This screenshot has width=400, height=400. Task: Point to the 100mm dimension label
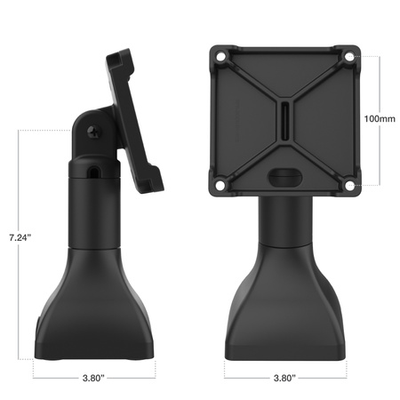pyautogui.click(x=381, y=117)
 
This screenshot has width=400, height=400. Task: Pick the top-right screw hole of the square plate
pyautogui.click(x=349, y=57)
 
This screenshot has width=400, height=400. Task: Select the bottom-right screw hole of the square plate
pyautogui.click(x=349, y=186)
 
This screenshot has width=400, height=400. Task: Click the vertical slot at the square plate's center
pyautogui.click(x=283, y=120)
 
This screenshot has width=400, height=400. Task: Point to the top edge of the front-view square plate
pyautogui.click(x=283, y=43)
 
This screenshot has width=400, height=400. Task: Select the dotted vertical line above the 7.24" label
pyautogui.click(x=20, y=178)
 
